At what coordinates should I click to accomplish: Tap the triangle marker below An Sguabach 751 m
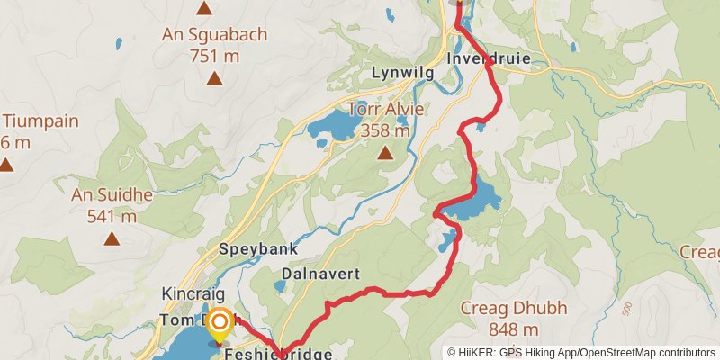pos(214,78)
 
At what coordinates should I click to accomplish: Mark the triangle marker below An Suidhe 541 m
pos(112,238)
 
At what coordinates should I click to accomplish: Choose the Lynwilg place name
pos(402,71)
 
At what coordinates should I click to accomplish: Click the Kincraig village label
pos(191,294)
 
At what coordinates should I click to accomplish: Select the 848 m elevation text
pos(517,329)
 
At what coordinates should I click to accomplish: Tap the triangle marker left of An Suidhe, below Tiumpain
pos(7,165)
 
